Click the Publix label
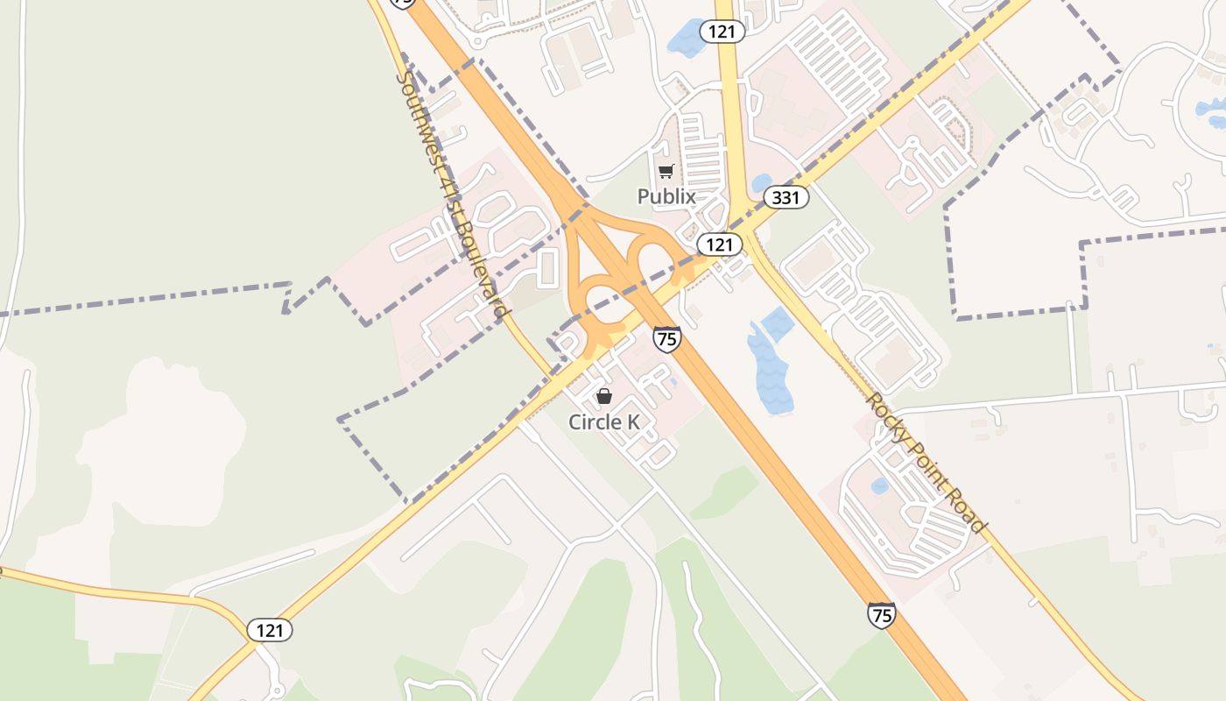coord(666,196)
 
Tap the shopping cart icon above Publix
coord(666,171)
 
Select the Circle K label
coord(604,421)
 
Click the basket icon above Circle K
coord(604,396)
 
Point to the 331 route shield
coord(786,197)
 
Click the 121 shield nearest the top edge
coord(722,32)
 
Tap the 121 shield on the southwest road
coord(269,629)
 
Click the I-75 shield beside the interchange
coord(666,338)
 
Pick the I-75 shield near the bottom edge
coord(881,615)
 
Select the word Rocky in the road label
coord(884,414)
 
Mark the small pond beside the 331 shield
coord(761,183)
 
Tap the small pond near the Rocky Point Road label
coord(879,485)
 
